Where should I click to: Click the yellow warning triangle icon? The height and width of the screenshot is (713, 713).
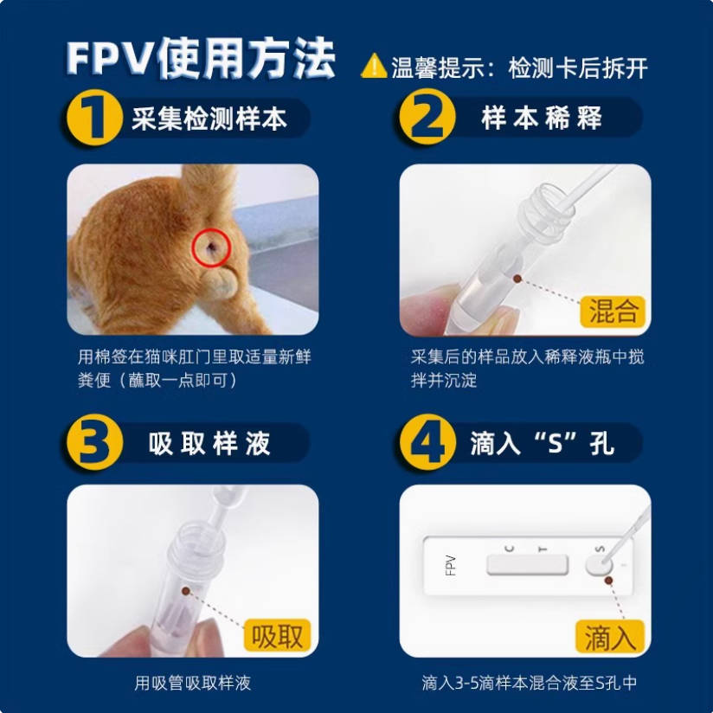click(373, 65)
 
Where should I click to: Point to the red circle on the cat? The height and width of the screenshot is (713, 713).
click(209, 248)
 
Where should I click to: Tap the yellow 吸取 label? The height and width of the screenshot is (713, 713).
click(278, 636)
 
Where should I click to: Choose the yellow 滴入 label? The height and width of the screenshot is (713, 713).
click(611, 638)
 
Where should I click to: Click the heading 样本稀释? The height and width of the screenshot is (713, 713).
click(541, 118)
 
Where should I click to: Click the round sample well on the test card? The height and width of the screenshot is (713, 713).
click(596, 565)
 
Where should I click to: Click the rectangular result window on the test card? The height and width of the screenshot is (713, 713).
click(527, 565)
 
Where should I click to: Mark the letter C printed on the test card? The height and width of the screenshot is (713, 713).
click(509, 548)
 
